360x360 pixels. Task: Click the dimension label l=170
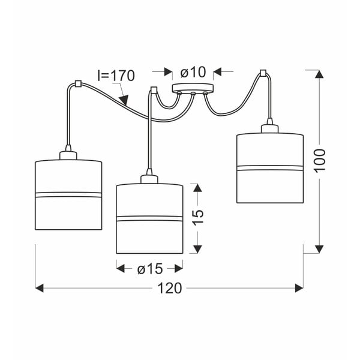pos(116,76)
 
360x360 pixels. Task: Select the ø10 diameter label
pos(192,72)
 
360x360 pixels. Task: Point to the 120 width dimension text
pos(170,289)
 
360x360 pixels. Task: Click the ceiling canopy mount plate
pos(192,91)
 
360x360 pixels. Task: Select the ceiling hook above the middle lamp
pos(153,90)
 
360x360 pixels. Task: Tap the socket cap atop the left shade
pos(68,154)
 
